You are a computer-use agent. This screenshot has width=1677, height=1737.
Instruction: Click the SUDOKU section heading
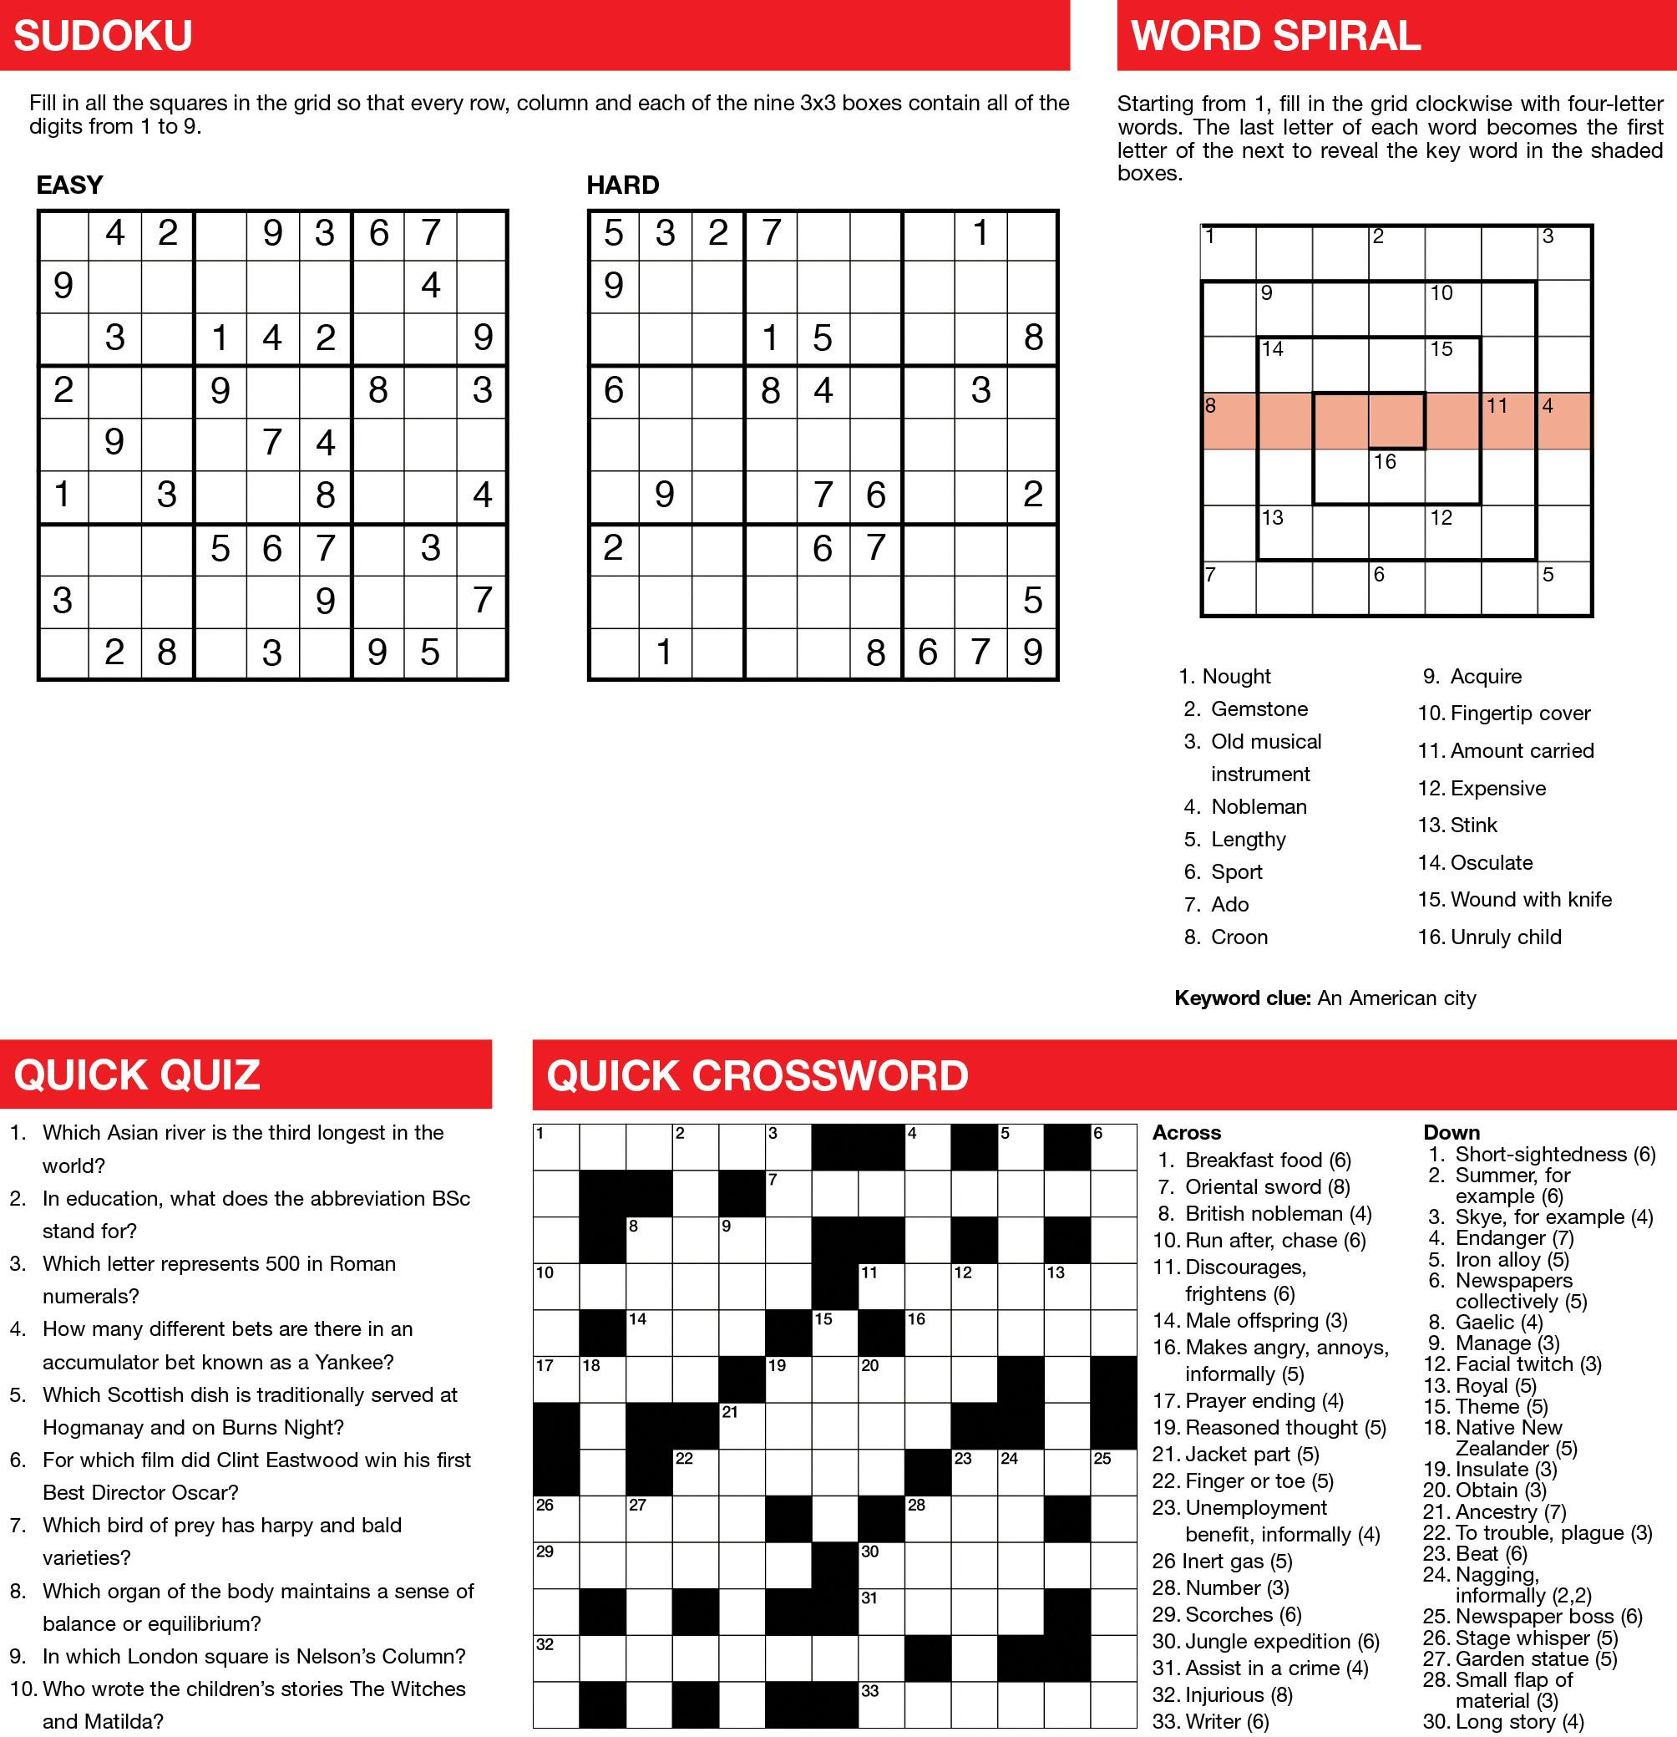click(x=103, y=36)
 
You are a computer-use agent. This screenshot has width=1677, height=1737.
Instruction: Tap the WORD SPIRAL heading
click(x=1274, y=36)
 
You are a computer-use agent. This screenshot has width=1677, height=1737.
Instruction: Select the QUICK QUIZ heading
click(x=137, y=1075)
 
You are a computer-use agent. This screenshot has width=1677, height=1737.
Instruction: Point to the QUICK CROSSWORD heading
click(x=757, y=1076)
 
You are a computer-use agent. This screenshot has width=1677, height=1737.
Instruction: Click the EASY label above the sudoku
click(x=69, y=185)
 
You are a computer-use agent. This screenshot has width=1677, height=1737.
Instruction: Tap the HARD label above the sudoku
click(x=623, y=185)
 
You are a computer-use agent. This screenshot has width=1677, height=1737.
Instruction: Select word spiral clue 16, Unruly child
click(x=1489, y=937)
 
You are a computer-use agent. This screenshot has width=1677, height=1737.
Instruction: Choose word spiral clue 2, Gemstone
click(x=1245, y=709)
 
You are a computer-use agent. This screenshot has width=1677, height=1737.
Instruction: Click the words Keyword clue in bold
click(x=1241, y=998)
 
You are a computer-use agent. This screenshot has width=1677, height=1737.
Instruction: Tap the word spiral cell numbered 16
click(x=1396, y=477)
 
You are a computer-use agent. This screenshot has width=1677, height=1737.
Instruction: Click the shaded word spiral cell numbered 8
click(x=1229, y=421)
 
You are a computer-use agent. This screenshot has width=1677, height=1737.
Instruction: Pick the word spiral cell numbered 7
click(x=1229, y=588)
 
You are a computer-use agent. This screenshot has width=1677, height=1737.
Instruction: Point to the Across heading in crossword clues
click(x=1186, y=1133)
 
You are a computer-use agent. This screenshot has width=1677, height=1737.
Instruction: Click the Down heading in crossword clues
click(x=1452, y=1133)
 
